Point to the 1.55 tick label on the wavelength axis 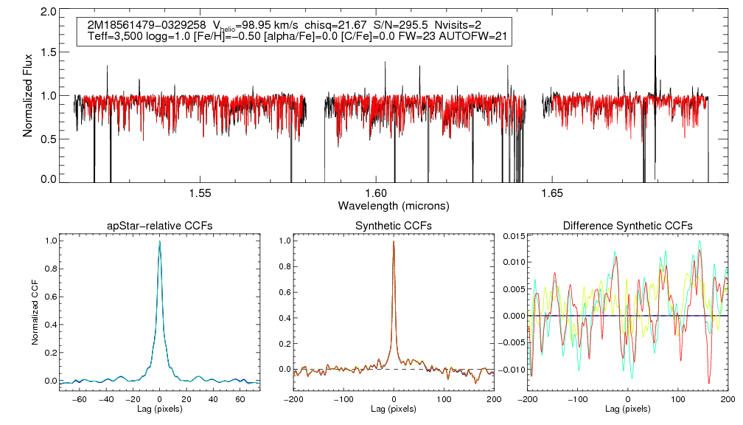200,193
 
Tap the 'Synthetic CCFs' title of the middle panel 394,225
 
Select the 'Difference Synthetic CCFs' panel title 627,225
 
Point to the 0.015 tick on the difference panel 511,235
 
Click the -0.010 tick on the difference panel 509,370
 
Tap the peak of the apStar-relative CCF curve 160,241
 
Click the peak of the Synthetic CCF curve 394,241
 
